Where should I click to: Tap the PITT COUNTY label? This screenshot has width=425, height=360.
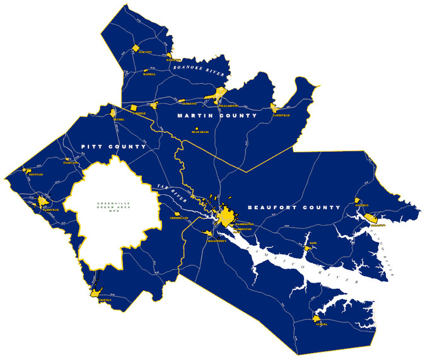[114, 146]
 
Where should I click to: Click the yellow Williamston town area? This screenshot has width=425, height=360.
[219, 94]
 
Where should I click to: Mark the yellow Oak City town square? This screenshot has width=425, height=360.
[135, 48]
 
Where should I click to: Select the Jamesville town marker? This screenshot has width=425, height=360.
[274, 108]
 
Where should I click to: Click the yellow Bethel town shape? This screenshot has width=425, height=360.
[119, 113]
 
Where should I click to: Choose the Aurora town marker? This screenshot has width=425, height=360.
[315, 318]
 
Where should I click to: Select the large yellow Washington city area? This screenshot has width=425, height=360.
[225, 217]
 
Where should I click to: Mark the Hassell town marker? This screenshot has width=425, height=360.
[146, 71]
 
